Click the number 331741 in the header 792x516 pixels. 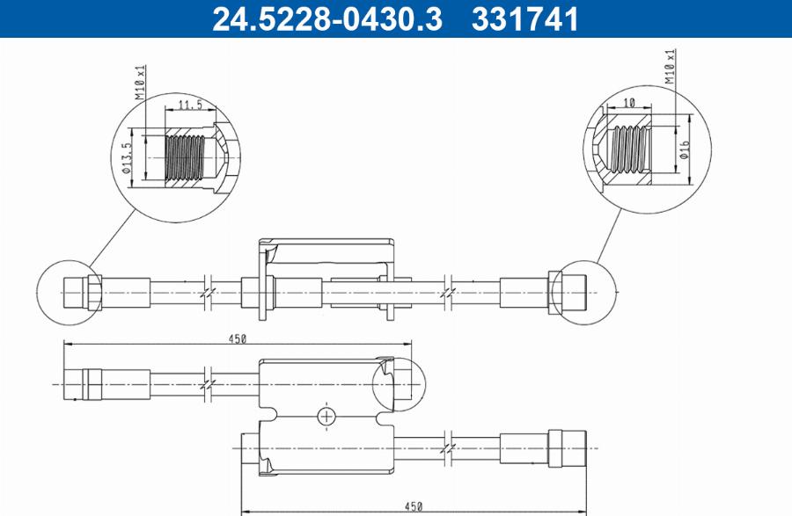(526, 18)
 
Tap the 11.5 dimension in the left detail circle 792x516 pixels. (190, 105)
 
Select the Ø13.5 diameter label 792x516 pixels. (127, 159)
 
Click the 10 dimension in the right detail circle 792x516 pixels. (628, 103)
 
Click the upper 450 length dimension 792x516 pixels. (237, 338)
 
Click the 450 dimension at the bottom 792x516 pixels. (414, 505)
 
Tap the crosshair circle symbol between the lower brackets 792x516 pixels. (326, 416)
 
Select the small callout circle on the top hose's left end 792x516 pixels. (68, 290)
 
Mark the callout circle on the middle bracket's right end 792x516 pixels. (398, 384)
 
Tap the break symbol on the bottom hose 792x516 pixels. (451, 448)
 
